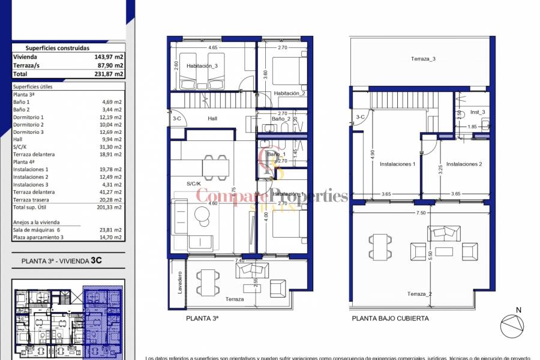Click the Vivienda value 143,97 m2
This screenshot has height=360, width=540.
(110, 57)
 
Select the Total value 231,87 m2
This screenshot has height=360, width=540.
(110, 74)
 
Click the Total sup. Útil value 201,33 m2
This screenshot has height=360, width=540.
(112, 207)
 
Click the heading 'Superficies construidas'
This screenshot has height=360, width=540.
(58, 48)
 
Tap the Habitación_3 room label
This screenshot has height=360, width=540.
(202, 66)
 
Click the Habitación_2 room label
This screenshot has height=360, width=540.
(290, 94)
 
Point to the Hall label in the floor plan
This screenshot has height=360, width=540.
(212, 118)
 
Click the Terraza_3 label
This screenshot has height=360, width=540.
(423, 59)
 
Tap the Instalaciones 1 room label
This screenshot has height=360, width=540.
(397, 164)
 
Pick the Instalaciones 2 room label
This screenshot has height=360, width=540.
(464, 164)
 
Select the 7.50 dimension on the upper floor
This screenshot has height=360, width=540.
(421, 212)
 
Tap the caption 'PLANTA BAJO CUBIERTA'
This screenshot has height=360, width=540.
(390, 319)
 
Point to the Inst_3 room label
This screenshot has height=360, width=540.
(478, 112)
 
